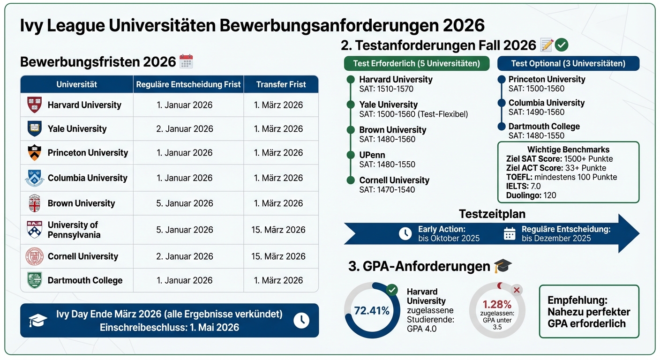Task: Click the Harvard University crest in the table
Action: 35,105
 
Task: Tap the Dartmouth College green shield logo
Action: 35,280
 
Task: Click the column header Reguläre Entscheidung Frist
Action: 188,85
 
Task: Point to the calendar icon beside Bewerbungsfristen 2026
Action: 186,62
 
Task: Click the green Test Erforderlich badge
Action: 417,63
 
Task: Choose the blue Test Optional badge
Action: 568,63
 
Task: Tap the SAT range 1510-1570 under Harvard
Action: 386,89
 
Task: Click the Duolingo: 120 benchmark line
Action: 531,195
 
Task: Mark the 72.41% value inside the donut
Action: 372,310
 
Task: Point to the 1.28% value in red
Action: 497,304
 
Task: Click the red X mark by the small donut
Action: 517,290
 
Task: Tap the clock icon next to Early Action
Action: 405,233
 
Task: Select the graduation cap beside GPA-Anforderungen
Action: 503,266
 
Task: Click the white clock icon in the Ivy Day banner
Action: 301,320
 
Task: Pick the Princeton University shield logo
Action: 35,153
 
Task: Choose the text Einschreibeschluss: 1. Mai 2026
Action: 169,327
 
